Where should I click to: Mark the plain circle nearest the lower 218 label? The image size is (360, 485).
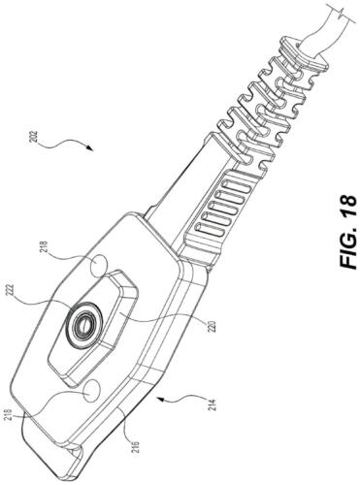click(x=92, y=390)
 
